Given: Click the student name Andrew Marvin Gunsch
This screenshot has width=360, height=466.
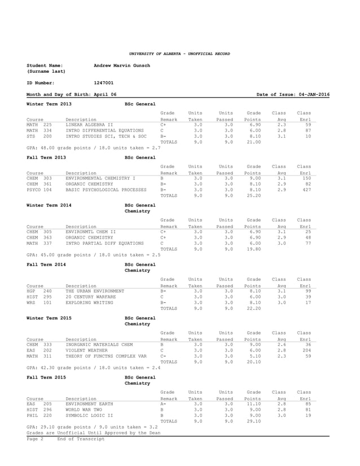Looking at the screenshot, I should (121, 65).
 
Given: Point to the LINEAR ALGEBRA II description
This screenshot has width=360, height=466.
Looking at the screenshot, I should (89, 125).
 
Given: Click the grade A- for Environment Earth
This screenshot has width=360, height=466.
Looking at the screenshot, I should (163, 404).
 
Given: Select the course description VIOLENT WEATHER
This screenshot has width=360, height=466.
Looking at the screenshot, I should (86, 350).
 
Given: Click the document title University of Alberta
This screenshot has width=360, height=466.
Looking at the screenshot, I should (179, 54).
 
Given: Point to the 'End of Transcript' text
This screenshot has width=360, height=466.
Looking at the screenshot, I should (81, 438).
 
